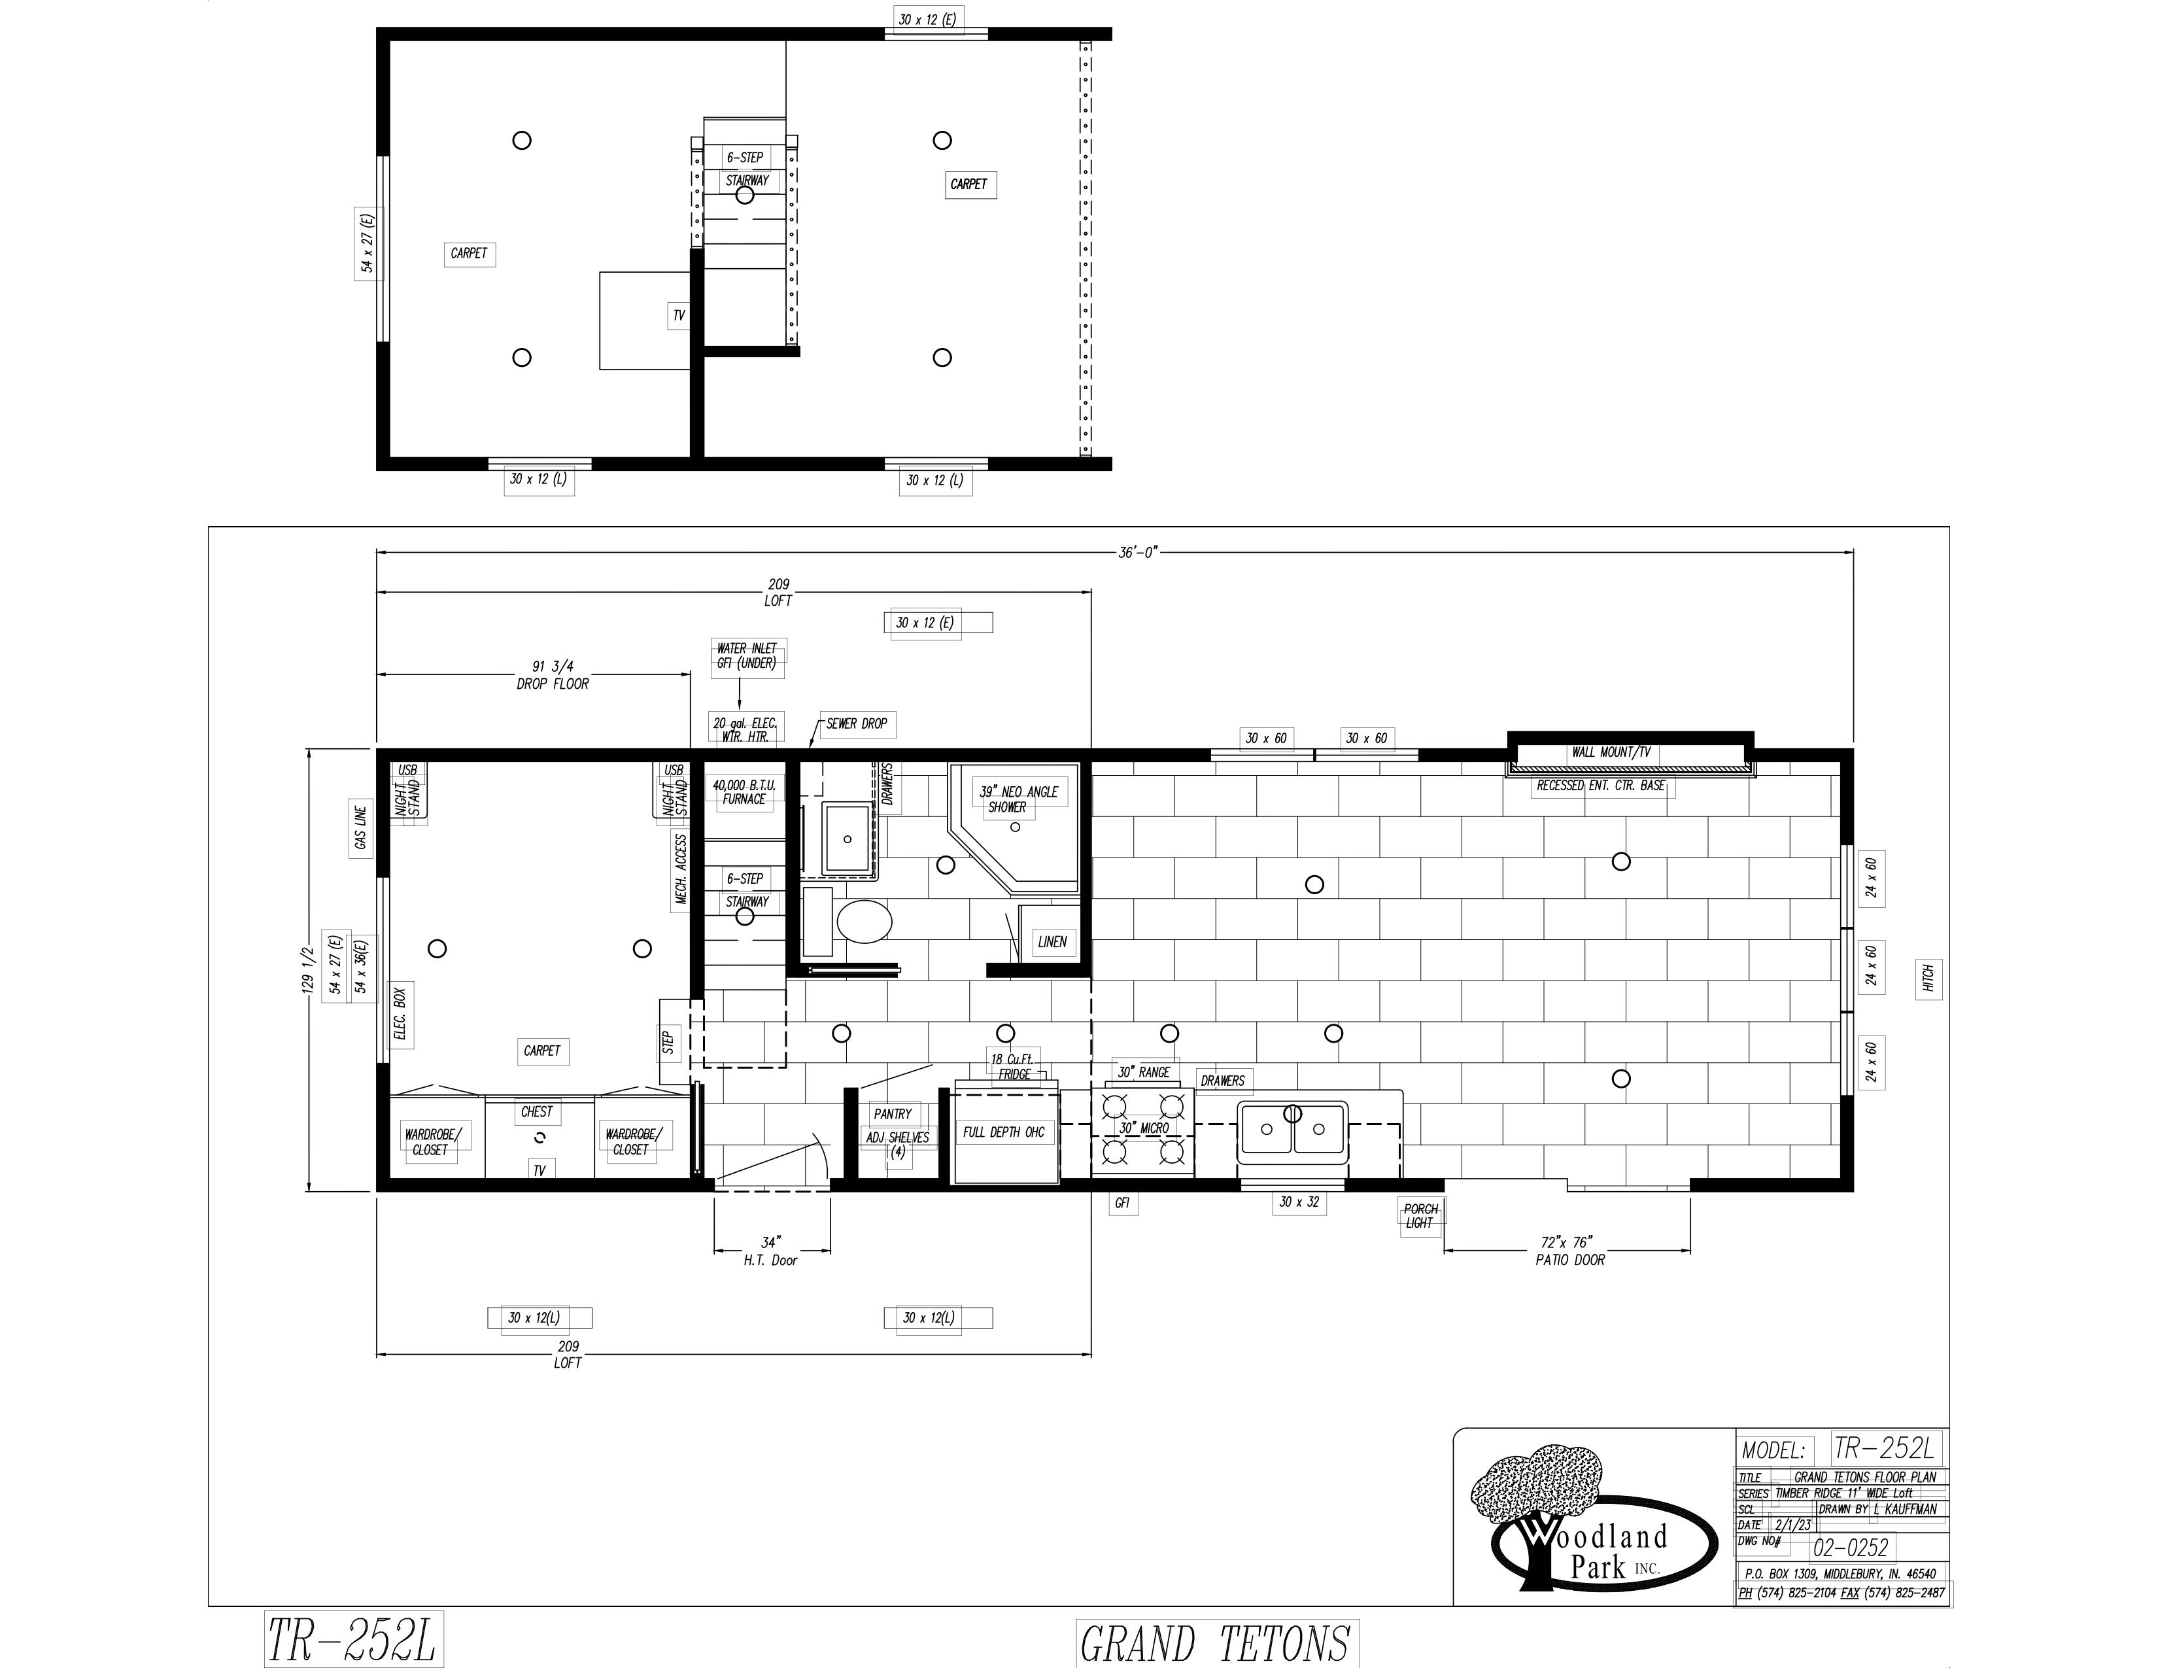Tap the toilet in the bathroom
pos(864,921)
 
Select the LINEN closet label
pos(1052,942)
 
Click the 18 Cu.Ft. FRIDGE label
pos(1011,1066)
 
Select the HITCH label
pos(1928,979)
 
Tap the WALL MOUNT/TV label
pos(1611,752)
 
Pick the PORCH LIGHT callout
pos(1420,1215)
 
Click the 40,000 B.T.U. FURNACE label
pos(744,791)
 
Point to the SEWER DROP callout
pos(856,723)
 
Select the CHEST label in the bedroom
pos(536,1111)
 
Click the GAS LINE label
pos(361,828)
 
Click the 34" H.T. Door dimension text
pos(771,1251)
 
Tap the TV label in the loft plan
pos(678,315)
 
